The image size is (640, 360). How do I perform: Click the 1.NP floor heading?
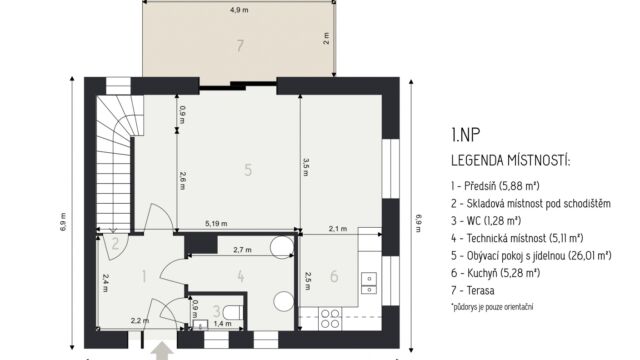pyautogui.click(x=466, y=135)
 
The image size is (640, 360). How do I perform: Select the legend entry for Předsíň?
pyautogui.click(x=496, y=186)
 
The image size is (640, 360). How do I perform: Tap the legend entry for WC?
pyautogui.click(x=486, y=221)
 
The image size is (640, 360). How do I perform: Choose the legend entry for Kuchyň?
pyautogui.click(x=496, y=273)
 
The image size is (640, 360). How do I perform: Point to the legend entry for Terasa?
pyautogui.click(x=473, y=291)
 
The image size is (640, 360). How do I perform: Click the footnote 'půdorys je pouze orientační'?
pyautogui.click(x=492, y=307)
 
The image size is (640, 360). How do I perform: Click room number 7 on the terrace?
pyautogui.click(x=240, y=46)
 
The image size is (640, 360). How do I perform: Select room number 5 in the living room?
pyautogui.click(x=248, y=170)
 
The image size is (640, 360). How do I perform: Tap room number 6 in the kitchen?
pyautogui.click(x=334, y=276)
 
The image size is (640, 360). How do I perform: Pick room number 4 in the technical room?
pyautogui.click(x=241, y=276)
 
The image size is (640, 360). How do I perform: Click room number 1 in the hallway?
pyautogui.click(x=144, y=276)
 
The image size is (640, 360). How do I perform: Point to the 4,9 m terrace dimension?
pyautogui.click(x=239, y=10)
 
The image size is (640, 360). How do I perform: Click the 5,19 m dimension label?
pyautogui.click(x=216, y=223)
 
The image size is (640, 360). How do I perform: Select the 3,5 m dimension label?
pyautogui.click(x=306, y=167)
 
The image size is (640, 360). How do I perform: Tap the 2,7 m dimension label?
pyautogui.click(x=242, y=249)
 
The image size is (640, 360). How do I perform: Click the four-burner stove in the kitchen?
pyautogui.click(x=330, y=319)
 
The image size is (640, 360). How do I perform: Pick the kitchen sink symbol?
pyautogui.click(x=369, y=283)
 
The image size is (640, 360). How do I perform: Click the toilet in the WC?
pyautogui.click(x=232, y=313)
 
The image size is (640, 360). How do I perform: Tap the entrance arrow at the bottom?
pyautogui.click(x=162, y=351)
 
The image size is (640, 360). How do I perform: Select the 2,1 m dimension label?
pyautogui.click(x=338, y=229)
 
